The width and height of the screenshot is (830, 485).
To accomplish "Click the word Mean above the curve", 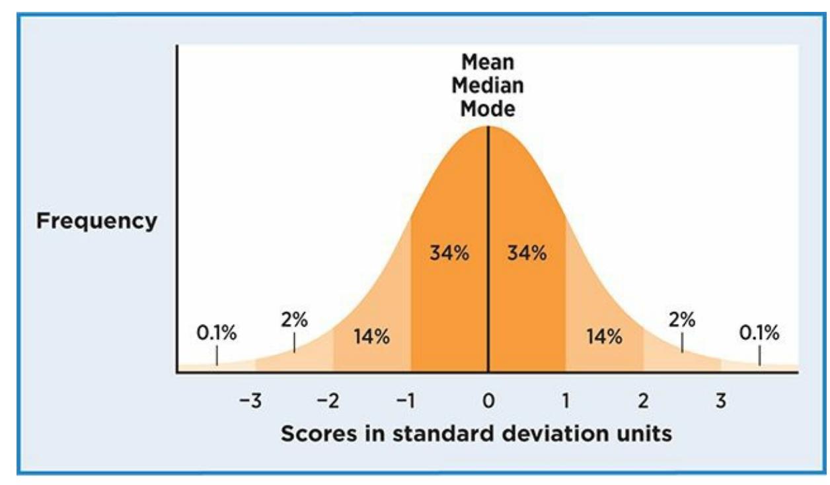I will pos(488,63).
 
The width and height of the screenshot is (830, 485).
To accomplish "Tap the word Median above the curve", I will pos(488,86).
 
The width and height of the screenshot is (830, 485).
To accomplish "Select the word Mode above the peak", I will pos(488,108).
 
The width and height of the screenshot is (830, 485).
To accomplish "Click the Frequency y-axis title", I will pos(96,222).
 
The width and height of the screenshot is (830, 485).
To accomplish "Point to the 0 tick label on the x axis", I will pos(488,401).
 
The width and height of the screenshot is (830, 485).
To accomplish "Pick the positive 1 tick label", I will pos(566,401).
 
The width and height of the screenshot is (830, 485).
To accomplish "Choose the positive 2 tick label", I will pos(643,401).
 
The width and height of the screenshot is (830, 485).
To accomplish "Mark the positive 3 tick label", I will pos(721,401).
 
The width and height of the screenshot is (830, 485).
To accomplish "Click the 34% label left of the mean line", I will pos(449,253).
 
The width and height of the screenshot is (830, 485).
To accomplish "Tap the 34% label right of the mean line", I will pos(527,253).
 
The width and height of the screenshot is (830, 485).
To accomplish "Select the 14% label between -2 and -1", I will pos(371,337).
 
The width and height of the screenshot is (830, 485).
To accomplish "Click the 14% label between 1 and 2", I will pos(604,337).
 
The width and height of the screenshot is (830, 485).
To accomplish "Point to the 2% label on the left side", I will pos(294,319).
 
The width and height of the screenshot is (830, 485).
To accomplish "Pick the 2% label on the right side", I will pos(681,319).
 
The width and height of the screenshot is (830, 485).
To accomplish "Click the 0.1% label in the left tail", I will pos(217,333).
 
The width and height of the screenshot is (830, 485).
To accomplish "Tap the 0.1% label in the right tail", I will pos(759,333).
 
